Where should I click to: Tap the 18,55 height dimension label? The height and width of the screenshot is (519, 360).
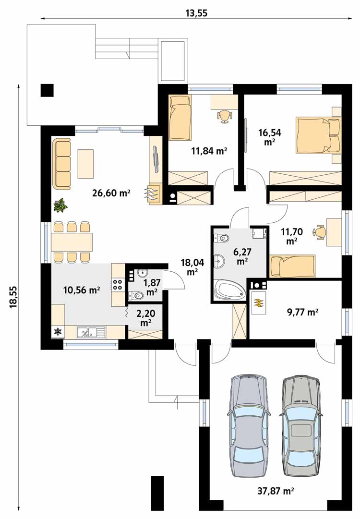tap(13, 298)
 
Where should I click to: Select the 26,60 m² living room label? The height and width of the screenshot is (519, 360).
tap(111, 193)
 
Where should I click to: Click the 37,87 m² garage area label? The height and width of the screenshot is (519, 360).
tap(276, 491)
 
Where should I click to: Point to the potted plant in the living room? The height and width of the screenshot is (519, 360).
tap(60, 205)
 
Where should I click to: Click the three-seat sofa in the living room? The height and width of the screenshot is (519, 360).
tap(62, 164)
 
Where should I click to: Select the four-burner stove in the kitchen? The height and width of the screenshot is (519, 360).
tap(118, 285)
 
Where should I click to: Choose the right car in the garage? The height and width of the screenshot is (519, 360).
tap(300, 425)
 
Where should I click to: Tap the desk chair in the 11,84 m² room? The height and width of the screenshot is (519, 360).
tap(224, 116)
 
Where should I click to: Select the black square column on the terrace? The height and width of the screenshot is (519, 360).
tap(47, 90)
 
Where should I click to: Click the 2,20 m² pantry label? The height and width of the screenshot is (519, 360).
tap(146, 317)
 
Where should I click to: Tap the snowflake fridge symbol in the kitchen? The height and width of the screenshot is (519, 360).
tap(58, 332)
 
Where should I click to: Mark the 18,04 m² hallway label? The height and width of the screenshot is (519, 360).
tap(192, 267)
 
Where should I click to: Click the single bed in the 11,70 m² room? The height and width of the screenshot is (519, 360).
tap(292, 266)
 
